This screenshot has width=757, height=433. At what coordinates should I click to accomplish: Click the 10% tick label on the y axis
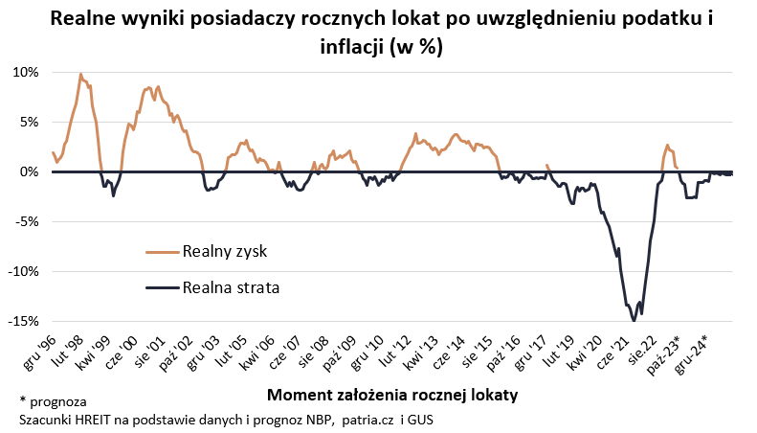pyautogui.click(x=26, y=72)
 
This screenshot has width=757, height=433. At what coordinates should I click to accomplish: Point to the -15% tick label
pyautogui.click(x=23, y=321)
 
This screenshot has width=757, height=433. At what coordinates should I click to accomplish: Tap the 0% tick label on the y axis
pyautogui.click(x=30, y=171)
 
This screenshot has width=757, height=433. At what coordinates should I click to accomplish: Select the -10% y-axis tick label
pyautogui.click(x=23, y=271)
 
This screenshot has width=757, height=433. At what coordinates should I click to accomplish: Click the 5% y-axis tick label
pyautogui.click(x=30, y=122)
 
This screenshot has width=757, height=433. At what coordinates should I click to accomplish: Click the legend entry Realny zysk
pyautogui.click(x=224, y=251)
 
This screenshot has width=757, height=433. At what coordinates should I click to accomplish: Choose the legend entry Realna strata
pyautogui.click(x=231, y=286)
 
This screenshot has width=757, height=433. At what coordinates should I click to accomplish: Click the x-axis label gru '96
pyautogui.click(x=35, y=350)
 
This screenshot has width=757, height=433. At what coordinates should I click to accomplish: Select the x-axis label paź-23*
pyautogui.click(x=665, y=352)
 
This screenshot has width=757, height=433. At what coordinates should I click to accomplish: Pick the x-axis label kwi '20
pyautogui.click(x=586, y=350)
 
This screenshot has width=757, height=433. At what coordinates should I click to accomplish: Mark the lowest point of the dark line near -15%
pyautogui.click(x=634, y=320)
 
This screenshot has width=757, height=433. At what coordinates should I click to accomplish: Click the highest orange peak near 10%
pyautogui.click(x=80, y=74)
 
